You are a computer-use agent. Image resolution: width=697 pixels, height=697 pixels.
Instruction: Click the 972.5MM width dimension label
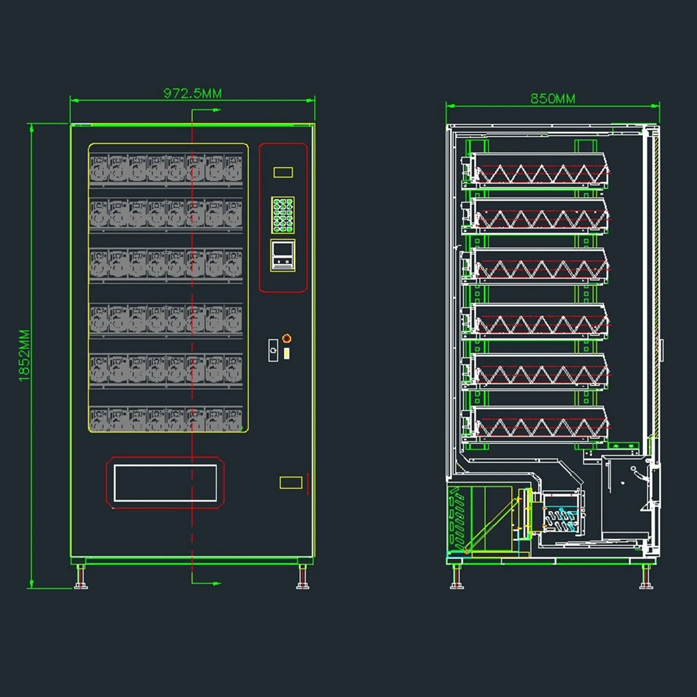(x=192, y=93)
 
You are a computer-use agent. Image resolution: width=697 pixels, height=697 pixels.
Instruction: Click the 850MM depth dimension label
(x=552, y=99)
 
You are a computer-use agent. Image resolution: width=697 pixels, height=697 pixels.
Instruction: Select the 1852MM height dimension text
(x=24, y=355)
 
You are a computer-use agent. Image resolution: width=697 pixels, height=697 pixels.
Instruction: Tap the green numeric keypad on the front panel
(x=283, y=215)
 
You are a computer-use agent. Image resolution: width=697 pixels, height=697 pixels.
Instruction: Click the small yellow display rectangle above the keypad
(x=283, y=172)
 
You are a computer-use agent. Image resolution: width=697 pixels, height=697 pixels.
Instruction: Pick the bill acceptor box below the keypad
(x=283, y=255)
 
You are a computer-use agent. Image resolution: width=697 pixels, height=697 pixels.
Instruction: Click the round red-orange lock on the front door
(x=287, y=338)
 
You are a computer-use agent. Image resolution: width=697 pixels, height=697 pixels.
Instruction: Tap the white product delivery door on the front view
(x=165, y=483)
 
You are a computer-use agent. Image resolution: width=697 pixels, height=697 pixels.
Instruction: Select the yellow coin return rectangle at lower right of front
(x=291, y=482)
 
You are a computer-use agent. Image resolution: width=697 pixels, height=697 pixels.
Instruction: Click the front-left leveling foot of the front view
(x=81, y=578)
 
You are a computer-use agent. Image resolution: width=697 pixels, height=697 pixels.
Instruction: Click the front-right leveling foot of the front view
(x=303, y=578)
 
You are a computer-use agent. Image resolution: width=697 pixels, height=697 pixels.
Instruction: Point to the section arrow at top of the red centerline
(x=215, y=111)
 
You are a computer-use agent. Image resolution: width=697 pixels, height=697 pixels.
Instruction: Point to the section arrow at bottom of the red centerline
(x=215, y=583)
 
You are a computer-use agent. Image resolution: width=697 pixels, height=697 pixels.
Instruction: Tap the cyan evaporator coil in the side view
(x=562, y=518)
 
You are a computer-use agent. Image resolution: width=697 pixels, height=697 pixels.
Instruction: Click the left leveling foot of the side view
(x=457, y=578)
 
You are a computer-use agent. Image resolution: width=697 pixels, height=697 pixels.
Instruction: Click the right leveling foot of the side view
(x=646, y=578)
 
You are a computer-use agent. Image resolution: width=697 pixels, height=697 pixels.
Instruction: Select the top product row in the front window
(x=166, y=168)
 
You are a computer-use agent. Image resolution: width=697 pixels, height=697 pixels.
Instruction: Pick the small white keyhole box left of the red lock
(x=273, y=350)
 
